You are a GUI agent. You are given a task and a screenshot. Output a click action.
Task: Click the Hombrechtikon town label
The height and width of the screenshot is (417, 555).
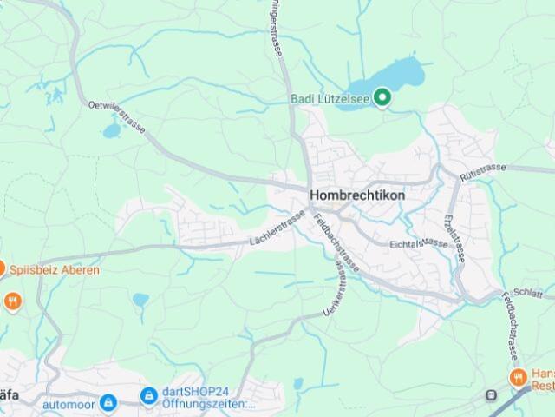point(356,195)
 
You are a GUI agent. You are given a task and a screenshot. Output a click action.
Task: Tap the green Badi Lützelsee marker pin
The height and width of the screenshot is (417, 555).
point(381,97)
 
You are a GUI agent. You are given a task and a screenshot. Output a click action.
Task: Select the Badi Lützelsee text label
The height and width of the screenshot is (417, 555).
point(329,97)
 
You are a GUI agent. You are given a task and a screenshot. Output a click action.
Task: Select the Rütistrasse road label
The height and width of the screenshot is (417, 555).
point(483,169)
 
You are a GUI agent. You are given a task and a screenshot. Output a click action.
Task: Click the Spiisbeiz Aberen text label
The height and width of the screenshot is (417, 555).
point(55,270)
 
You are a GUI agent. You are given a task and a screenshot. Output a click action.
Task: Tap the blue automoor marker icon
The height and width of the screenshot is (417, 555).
point(108,402)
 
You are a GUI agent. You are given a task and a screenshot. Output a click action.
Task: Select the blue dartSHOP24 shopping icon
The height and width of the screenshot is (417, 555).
point(148,396)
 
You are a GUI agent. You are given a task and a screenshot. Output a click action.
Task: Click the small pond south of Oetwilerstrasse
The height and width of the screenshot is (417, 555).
point(111,132)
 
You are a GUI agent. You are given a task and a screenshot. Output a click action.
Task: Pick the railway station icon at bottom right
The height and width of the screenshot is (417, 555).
point(493,396)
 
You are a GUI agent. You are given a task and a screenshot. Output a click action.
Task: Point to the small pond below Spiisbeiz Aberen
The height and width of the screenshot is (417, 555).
point(140,300)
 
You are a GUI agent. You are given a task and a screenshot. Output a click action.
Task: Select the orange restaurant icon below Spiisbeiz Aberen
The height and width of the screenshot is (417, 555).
point(13,301)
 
